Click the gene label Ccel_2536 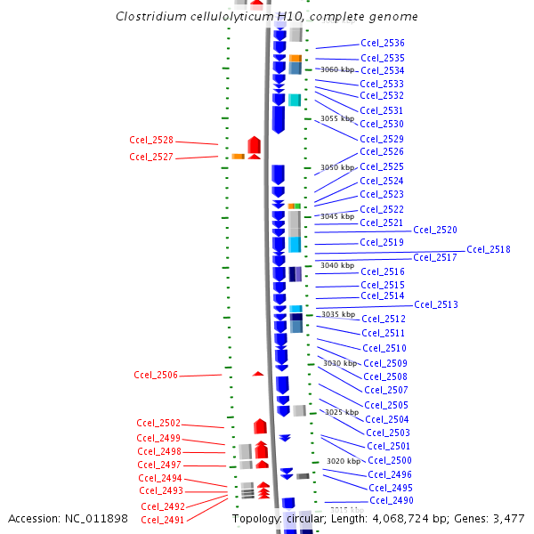point(383,43)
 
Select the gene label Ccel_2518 point(489,249)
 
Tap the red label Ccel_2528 point(151,140)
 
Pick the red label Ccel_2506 point(156,375)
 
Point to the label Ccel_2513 point(436,304)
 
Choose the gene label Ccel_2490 point(392,500)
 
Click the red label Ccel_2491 point(162,520)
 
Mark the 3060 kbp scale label point(337,69)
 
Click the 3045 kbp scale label point(337,216)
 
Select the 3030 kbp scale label point(339,363)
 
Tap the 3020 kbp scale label point(344,461)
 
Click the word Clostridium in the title point(152,17)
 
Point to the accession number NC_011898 point(93,518)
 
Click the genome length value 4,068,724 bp point(412,518)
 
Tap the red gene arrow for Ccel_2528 point(254,145)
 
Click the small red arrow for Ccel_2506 point(258,373)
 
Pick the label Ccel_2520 point(436,230)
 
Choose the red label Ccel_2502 point(158,423)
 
